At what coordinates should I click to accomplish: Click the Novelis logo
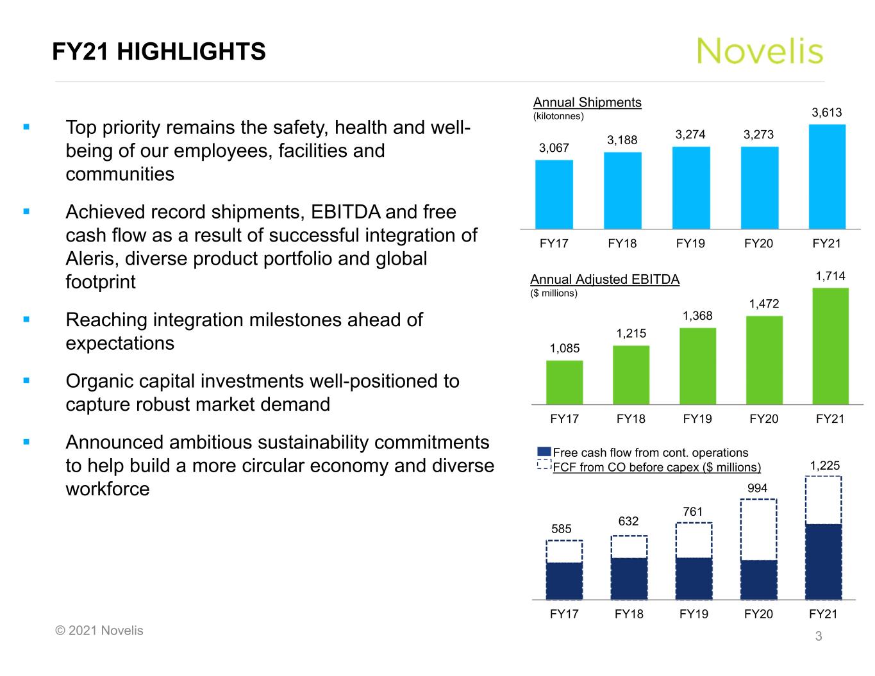click(x=760, y=51)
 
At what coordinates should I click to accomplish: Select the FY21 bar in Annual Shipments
click(x=827, y=176)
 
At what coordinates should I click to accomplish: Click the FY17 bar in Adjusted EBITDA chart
click(x=564, y=382)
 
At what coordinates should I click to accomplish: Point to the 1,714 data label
click(x=830, y=276)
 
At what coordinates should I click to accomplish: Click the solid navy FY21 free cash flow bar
click(x=823, y=561)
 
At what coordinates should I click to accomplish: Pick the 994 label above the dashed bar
click(x=757, y=488)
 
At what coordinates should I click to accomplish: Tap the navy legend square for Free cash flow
click(x=544, y=452)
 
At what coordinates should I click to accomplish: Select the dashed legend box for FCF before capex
click(x=544, y=466)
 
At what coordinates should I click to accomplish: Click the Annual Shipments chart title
click(x=587, y=103)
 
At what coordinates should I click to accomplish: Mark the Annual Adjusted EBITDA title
click(x=604, y=279)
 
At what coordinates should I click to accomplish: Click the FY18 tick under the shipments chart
click(x=622, y=243)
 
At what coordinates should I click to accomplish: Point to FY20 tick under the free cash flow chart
click(x=758, y=614)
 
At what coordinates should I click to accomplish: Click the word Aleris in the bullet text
click(x=92, y=259)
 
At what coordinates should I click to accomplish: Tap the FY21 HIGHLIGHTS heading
click(x=159, y=51)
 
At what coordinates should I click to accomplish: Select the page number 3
click(x=818, y=636)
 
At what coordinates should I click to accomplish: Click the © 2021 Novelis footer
click(x=99, y=631)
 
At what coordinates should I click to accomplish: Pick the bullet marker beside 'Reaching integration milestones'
click(x=26, y=318)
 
